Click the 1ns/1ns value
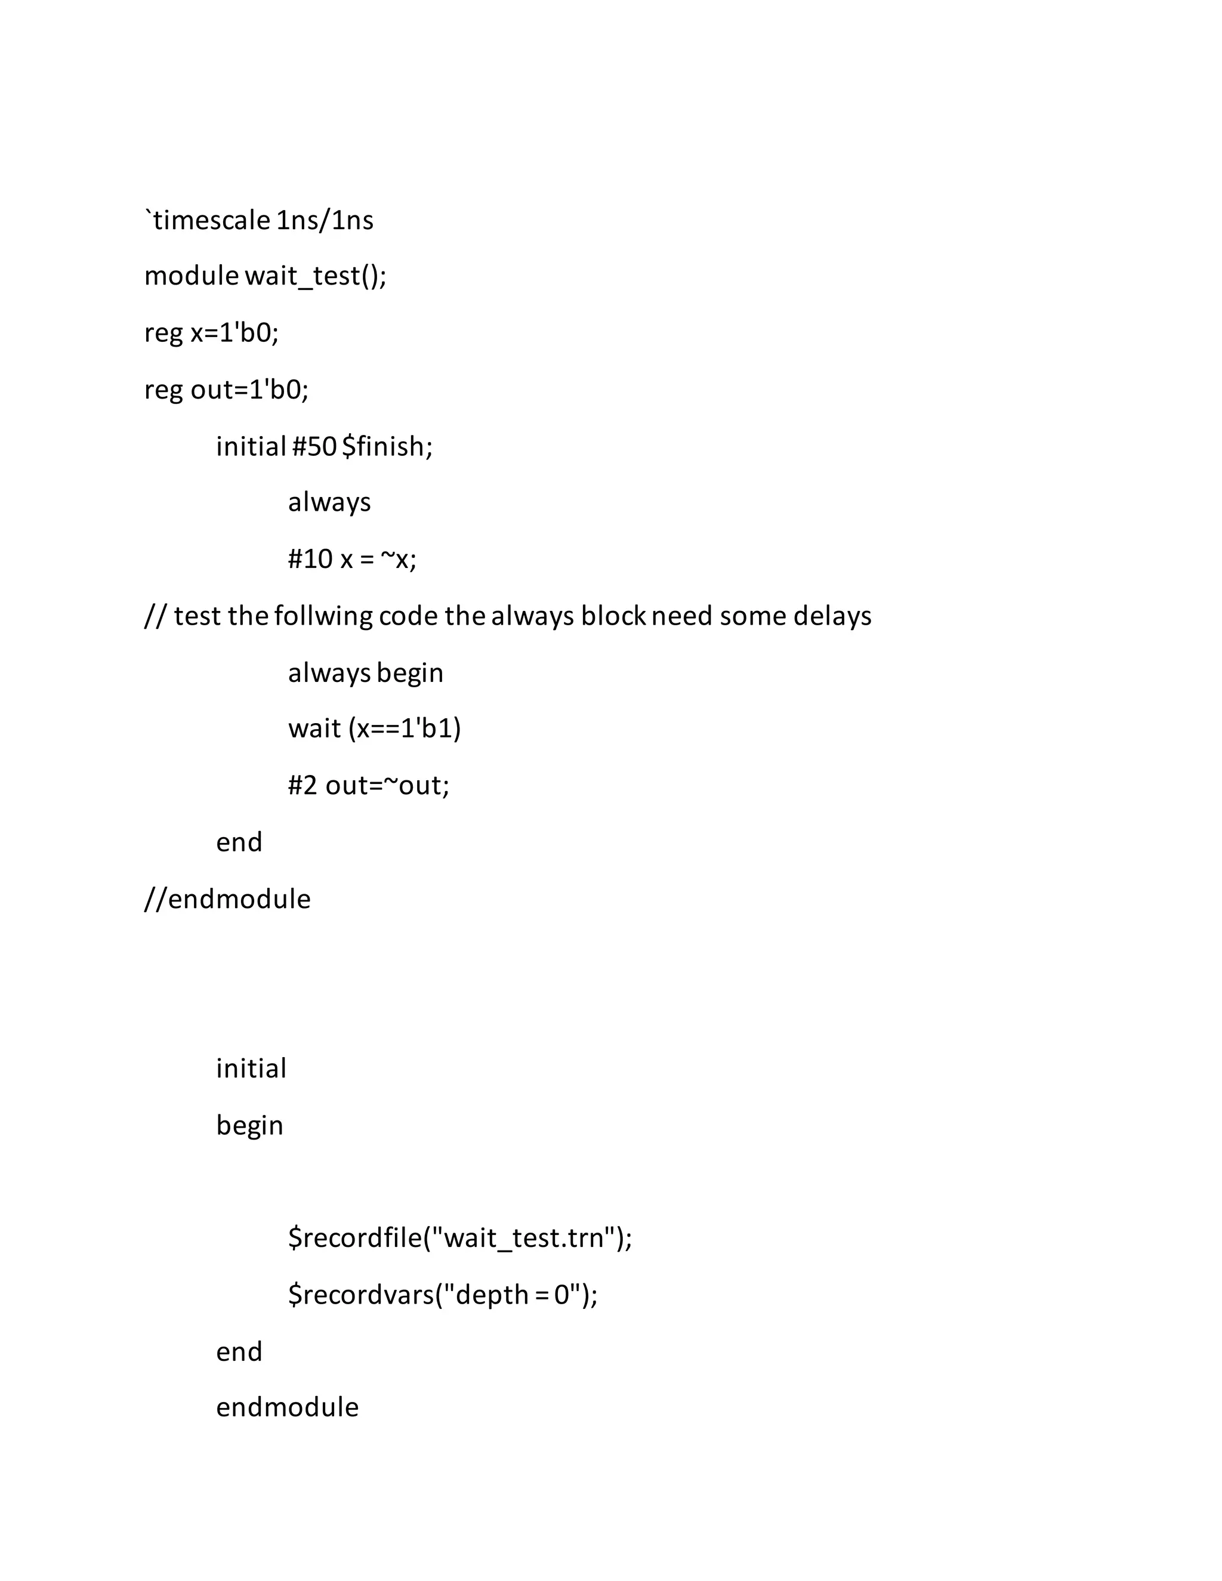click(x=325, y=220)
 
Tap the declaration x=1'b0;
click(x=234, y=333)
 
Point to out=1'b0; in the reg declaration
click(x=249, y=390)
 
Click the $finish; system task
click(x=387, y=447)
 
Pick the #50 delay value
click(x=314, y=447)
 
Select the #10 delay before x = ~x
click(x=310, y=560)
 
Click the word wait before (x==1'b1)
click(x=314, y=729)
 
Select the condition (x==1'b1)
click(x=405, y=729)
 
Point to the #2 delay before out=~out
click(x=303, y=786)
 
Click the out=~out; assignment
click(x=387, y=786)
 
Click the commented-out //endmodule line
click(x=227, y=899)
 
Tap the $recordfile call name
click(x=355, y=1239)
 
